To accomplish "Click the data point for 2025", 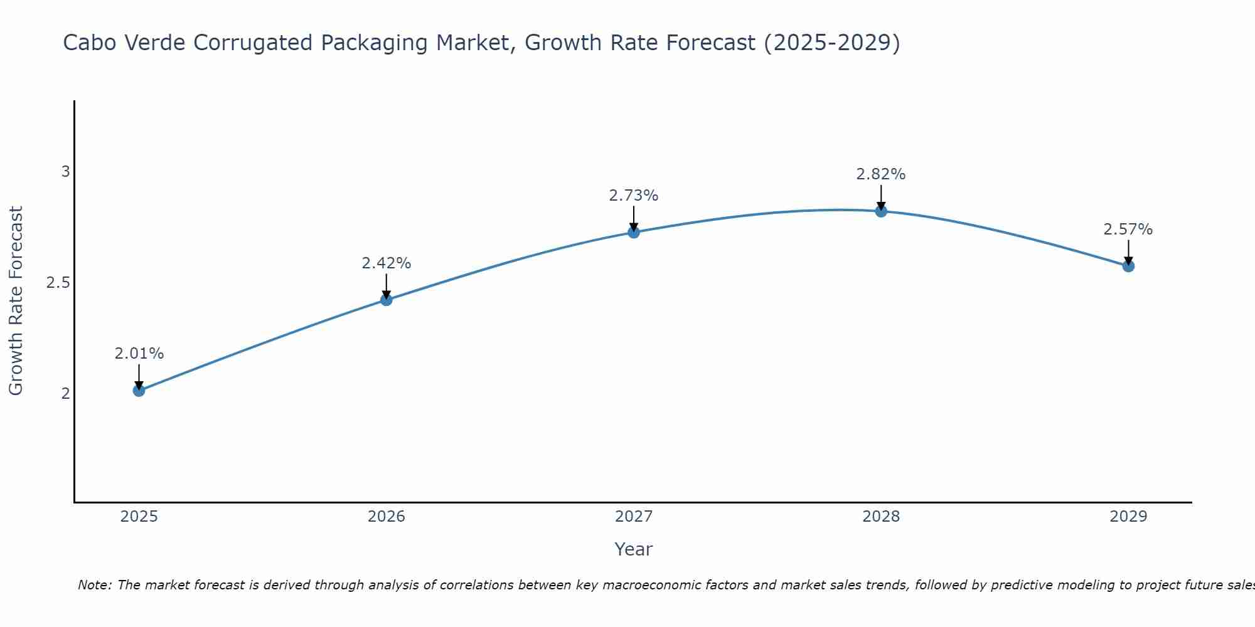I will (139, 391).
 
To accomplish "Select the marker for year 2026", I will (387, 300).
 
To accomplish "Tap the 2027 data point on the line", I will (634, 232).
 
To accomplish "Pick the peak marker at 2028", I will (881, 211).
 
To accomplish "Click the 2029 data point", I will (1128, 266).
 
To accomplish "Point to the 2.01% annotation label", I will (139, 354).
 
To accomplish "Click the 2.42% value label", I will (387, 263).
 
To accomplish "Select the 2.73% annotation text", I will (634, 196).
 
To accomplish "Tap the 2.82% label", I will (881, 174).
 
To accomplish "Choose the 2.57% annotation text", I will (1128, 229).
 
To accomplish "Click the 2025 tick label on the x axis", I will (139, 517).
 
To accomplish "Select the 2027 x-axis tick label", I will (634, 517).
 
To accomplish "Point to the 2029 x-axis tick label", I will (1128, 517).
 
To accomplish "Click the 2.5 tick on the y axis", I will (58, 283).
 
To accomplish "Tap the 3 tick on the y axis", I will (65, 172).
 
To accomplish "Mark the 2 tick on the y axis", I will (65, 394).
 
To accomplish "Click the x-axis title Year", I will (634, 549).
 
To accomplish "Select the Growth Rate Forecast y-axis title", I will (16, 301).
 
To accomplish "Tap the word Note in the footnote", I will (94, 585).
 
